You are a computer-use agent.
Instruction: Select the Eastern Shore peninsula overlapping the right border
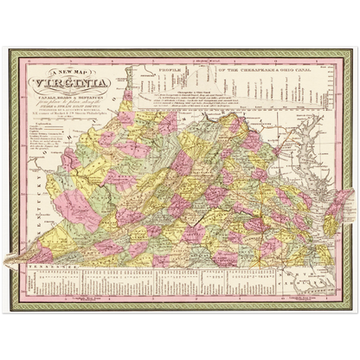[x=341, y=203]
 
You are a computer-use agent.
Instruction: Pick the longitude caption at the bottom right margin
[x=294, y=299]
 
